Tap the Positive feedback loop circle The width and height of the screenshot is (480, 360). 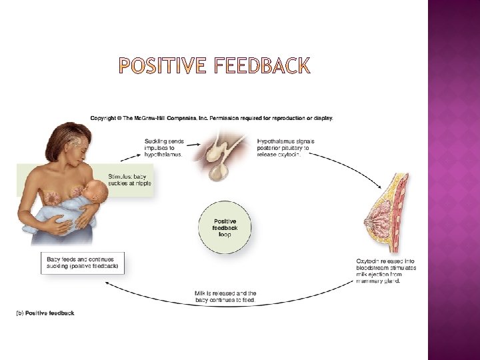click(225, 227)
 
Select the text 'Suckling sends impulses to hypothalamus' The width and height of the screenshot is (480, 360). click(164, 147)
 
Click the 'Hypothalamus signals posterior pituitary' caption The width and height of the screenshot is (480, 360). click(286, 147)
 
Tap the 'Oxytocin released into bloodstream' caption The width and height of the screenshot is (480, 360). click(387, 270)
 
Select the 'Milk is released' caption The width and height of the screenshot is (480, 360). click(225, 297)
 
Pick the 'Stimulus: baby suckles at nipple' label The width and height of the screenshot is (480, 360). click(129, 179)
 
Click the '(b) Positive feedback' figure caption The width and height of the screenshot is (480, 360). click(46, 313)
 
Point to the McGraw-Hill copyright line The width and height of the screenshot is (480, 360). click(212, 119)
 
